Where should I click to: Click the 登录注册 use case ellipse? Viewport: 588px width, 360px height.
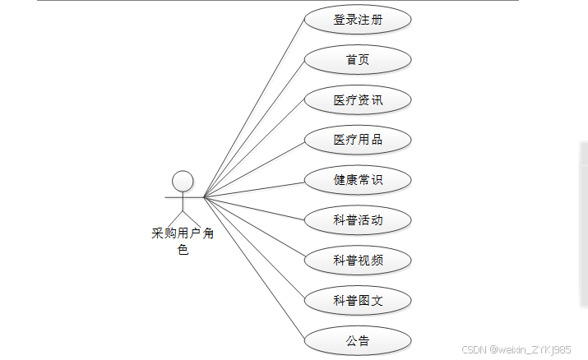coord(358,20)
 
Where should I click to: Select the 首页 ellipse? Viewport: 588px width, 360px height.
coord(358,60)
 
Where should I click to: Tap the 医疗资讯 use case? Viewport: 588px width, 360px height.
coord(358,100)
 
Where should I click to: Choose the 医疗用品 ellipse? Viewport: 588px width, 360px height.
coord(358,140)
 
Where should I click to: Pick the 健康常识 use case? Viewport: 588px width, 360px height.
coord(358,180)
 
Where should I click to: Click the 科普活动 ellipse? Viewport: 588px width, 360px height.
coord(358,220)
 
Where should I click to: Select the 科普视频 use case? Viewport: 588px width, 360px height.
coord(358,261)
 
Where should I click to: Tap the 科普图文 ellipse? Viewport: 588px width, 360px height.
coord(358,301)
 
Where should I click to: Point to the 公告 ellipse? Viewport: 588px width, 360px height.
coord(358,341)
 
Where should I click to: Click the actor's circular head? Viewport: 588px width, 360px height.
coord(183,181)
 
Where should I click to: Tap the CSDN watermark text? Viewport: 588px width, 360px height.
coord(516,349)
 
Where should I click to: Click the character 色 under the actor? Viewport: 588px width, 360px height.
coord(183,250)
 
